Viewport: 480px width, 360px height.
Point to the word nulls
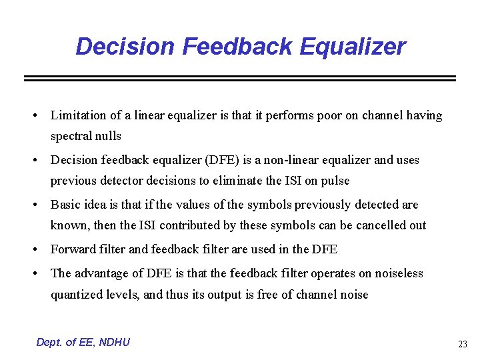click(108, 136)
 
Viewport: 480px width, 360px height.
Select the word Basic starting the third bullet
click(65, 205)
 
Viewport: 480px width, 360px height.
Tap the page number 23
click(462, 345)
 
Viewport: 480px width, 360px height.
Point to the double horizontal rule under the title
click(239, 78)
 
